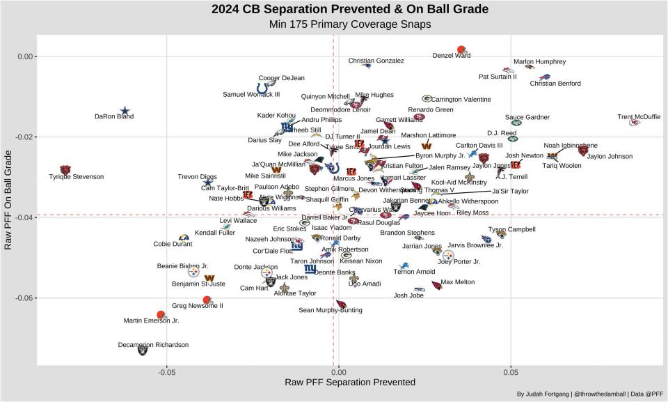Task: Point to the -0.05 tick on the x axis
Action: (x=166, y=372)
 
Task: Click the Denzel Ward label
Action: (x=452, y=56)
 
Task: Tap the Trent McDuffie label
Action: (x=639, y=117)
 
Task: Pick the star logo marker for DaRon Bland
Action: (x=125, y=110)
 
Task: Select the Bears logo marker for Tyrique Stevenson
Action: (x=65, y=169)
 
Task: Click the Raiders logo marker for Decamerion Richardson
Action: (x=142, y=350)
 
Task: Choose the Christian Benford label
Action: (x=555, y=84)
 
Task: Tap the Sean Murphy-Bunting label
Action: (x=330, y=310)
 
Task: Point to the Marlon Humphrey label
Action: (x=539, y=61)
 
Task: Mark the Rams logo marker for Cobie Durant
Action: (x=184, y=238)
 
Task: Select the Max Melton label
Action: (x=458, y=282)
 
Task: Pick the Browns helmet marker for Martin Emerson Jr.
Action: (x=161, y=315)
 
